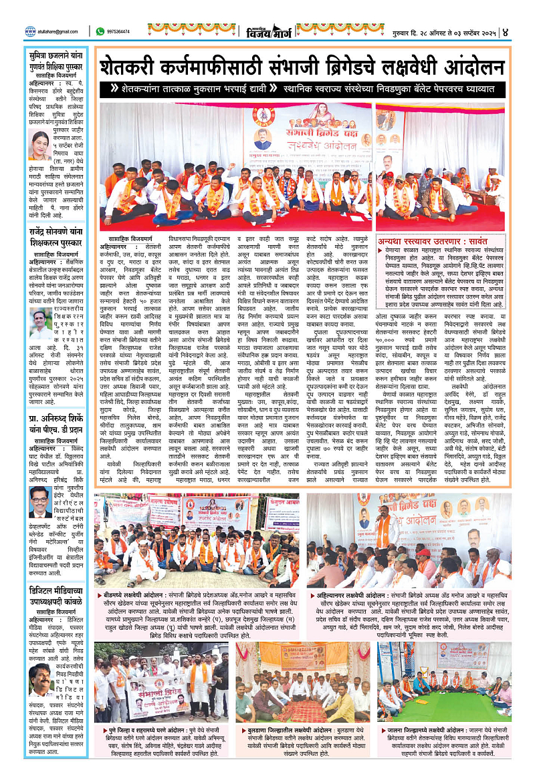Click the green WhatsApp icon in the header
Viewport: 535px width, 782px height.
(x=100, y=31)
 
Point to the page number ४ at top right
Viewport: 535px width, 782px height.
(x=525, y=31)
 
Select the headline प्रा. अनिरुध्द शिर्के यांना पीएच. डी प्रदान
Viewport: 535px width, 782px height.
(x=58, y=411)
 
